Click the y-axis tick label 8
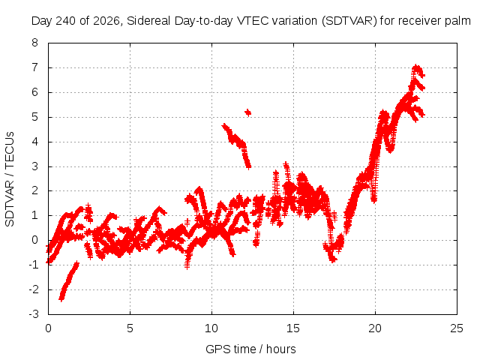pyautogui.click(x=34, y=43)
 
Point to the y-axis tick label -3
pyautogui.click(x=33, y=314)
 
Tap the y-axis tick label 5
pyautogui.click(x=34, y=117)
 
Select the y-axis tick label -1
pyautogui.click(x=33, y=265)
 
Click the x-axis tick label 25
pyautogui.click(x=457, y=328)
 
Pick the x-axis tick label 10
pyautogui.click(x=211, y=328)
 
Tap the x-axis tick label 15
pyautogui.click(x=293, y=328)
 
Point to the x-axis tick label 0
pyautogui.click(x=48, y=328)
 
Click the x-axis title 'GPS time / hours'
pyautogui.click(x=250, y=349)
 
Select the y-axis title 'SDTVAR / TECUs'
pyautogui.click(x=10, y=179)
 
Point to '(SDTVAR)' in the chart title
pyautogui.click(x=349, y=21)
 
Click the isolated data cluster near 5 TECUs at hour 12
pyautogui.click(x=248, y=112)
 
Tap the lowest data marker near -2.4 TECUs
pyautogui.click(x=61, y=299)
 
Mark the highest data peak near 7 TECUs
pyautogui.click(x=416, y=67)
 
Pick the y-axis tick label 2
pyautogui.click(x=34, y=190)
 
